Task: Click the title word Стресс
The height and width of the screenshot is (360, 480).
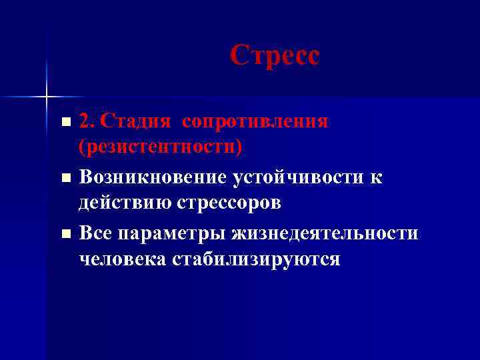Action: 275,55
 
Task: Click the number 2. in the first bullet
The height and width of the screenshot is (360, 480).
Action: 88,122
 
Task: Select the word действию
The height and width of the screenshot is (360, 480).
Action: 125,202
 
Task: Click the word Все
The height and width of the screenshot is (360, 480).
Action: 96,234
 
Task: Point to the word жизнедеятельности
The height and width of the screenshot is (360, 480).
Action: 325,234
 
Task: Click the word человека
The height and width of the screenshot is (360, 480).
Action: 120,258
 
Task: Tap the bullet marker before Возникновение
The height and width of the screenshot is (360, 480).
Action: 65,179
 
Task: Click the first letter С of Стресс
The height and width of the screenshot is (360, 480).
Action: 239,55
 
